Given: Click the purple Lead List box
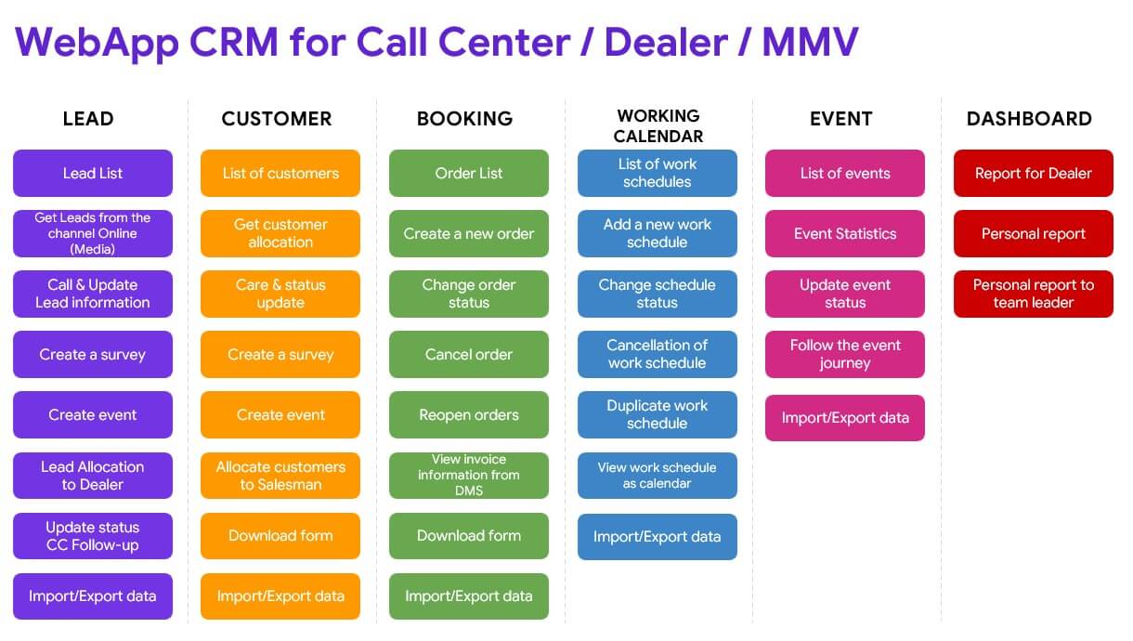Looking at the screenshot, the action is (x=93, y=173).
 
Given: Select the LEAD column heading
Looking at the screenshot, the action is (x=88, y=119).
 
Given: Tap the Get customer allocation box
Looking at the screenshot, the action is (x=280, y=233).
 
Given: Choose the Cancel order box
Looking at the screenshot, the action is (x=468, y=354).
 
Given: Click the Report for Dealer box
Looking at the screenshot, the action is (x=1034, y=173).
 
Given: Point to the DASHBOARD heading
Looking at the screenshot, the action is (x=1029, y=119).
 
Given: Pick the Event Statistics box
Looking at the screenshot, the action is (x=845, y=233).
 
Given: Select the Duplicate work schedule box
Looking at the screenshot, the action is (x=657, y=414).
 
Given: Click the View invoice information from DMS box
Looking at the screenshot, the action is (x=468, y=475).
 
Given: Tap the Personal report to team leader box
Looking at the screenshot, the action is (x=1034, y=294).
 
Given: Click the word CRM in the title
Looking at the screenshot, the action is (x=234, y=42).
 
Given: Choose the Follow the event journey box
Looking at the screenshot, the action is (x=845, y=354).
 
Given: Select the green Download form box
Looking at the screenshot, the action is (x=468, y=536).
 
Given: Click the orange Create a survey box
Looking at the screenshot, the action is (x=280, y=354).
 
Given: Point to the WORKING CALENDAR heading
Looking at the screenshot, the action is (x=658, y=126).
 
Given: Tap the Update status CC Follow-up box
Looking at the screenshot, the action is (x=93, y=536).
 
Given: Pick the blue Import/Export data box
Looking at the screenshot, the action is (x=657, y=537).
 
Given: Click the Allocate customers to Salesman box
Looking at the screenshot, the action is (x=280, y=475).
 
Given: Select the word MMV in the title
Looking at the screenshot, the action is (x=811, y=42).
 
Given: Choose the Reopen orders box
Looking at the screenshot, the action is (x=468, y=414).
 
